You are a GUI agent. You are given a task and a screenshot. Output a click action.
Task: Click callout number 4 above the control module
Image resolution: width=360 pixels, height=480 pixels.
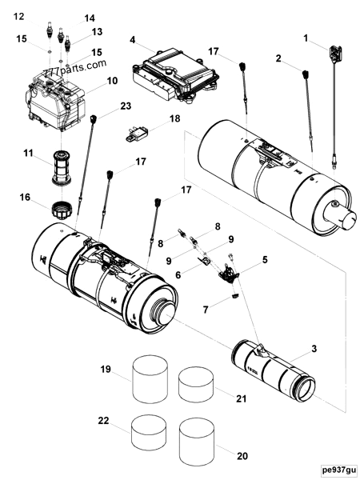[x=133, y=39]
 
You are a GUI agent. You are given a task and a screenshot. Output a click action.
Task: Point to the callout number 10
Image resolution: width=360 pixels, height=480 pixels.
[x=112, y=81]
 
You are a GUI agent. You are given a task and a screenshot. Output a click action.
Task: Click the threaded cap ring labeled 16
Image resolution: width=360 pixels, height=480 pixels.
[x=61, y=213]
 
